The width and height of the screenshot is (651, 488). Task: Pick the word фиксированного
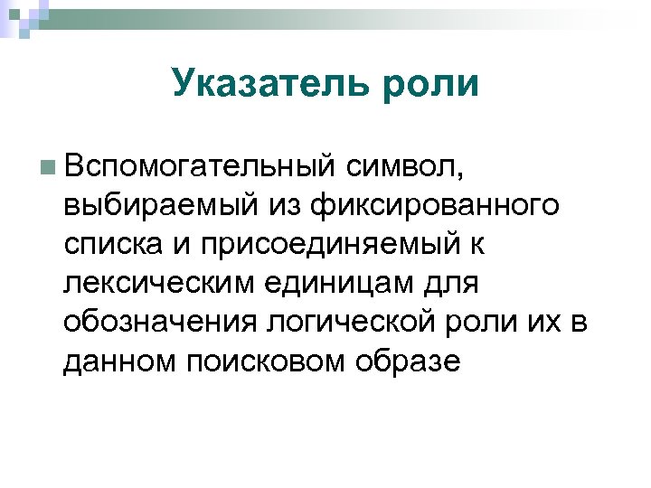click(x=434, y=206)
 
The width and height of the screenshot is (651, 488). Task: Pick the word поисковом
click(x=269, y=361)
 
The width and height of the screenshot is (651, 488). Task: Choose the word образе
click(x=412, y=361)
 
